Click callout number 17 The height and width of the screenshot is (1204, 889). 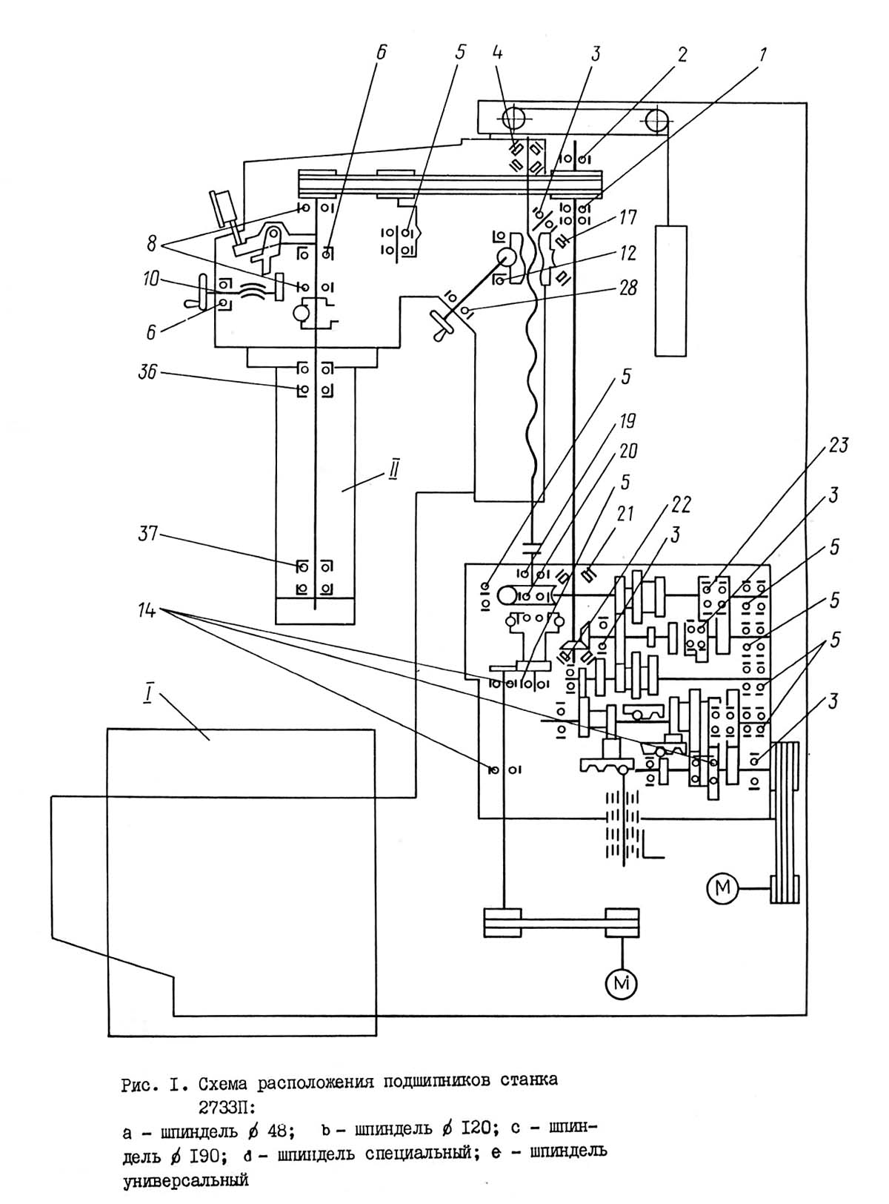click(x=627, y=219)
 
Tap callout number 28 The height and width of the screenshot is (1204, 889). click(x=627, y=287)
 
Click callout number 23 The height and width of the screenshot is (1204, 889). click(x=839, y=446)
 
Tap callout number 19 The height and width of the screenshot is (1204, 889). click(x=627, y=423)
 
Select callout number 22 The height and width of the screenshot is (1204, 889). click(x=680, y=505)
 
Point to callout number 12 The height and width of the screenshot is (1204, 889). click(x=627, y=253)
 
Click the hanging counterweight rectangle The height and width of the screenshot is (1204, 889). click(x=670, y=291)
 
